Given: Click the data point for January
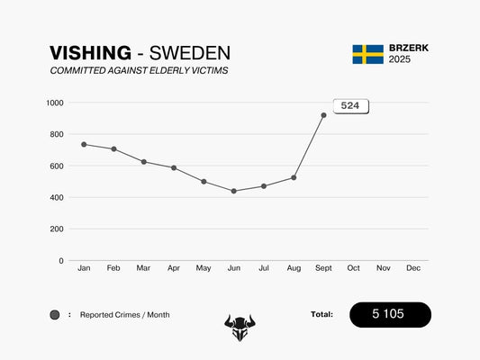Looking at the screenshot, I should (84, 144).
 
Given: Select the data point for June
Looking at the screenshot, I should (233, 191).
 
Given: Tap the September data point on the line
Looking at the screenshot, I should (323, 115).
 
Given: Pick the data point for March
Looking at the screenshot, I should (143, 162).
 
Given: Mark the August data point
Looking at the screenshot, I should (294, 177).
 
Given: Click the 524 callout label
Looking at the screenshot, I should (350, 106).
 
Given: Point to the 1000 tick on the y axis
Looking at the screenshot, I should (55, 103).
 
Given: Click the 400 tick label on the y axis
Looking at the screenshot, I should (57, 197).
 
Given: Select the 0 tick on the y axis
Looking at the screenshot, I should (61, 261).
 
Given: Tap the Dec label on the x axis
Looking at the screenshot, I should (413, 268).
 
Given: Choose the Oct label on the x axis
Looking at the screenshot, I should (353, 268).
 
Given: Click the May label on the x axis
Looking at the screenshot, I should (204, 268).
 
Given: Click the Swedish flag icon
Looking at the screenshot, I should (367, 54).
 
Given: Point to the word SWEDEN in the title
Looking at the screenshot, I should (189, 53).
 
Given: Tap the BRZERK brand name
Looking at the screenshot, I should (410, 48).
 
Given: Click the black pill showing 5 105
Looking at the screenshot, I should (390, 314).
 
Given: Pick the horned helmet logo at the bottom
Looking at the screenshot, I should (240, 328).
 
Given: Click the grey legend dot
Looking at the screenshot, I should (55, 315).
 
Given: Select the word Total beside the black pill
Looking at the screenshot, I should (322, 314).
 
